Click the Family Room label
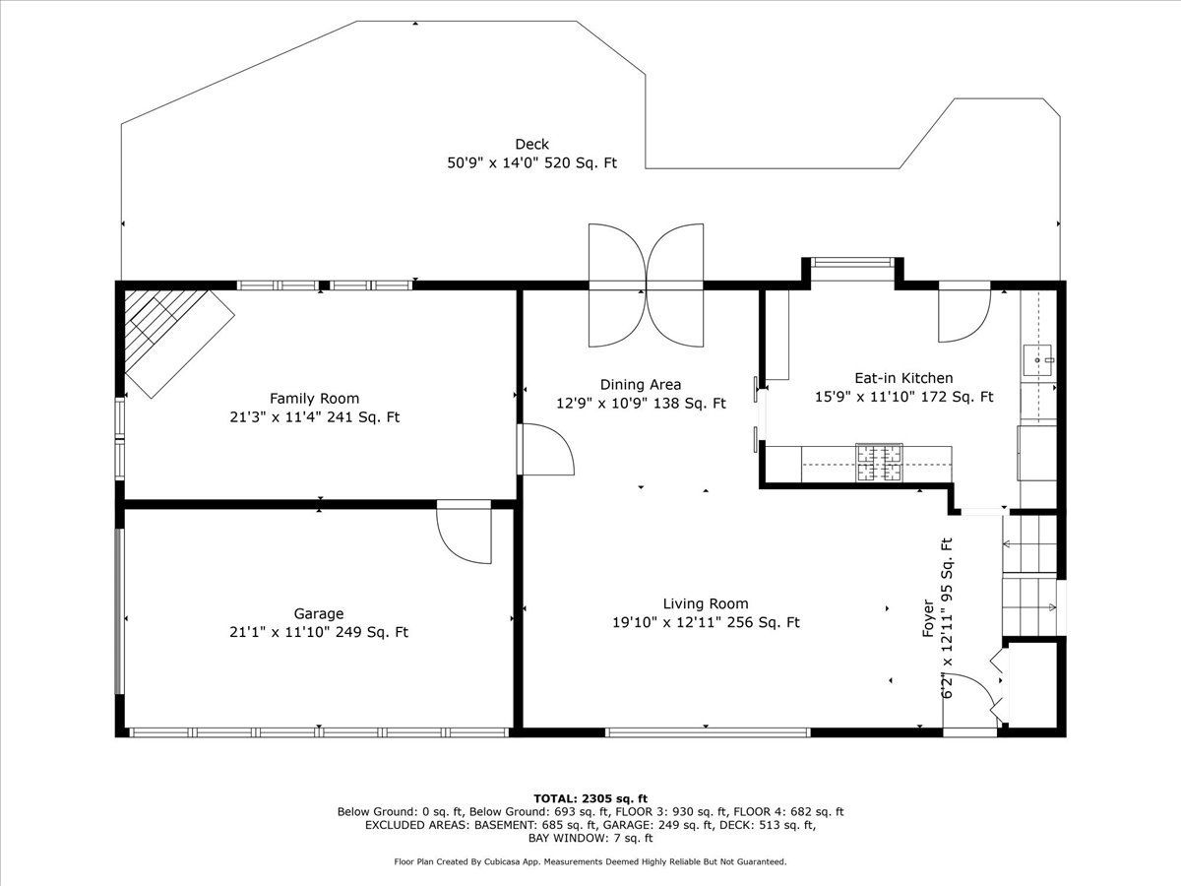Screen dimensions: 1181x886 click(314, 399)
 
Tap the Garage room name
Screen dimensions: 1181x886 click(319, 613)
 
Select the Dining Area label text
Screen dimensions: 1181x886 click(641, 385)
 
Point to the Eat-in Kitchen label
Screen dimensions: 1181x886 click(903, 378)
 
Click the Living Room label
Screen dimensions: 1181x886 click(706, 603)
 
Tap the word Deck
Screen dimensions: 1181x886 click(532, 144)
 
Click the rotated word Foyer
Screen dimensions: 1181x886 click(928, 618)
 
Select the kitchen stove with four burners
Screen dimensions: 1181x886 click(879, 462)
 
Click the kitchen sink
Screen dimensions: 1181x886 click(1038, 360)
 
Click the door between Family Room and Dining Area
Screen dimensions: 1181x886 click(546, 450)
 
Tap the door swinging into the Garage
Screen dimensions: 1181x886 click(465, 532)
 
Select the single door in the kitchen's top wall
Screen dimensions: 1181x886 click(964, 312)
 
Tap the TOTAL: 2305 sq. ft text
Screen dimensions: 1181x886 click(590, 798)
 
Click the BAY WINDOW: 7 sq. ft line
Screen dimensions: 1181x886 click(590, 838)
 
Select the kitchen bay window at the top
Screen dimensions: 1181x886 click(853, 263)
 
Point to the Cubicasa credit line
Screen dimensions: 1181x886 click(590, 861)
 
